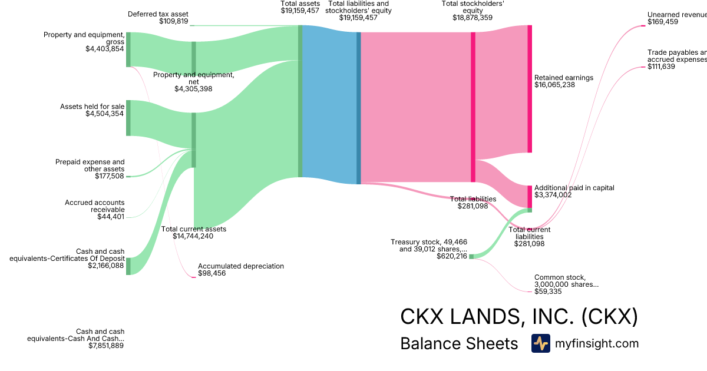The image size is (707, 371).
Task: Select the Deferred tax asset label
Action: (x=158, y=14)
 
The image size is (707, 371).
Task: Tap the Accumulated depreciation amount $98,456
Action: (x=212, y=274)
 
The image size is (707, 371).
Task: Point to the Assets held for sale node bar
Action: (x=128, y=118)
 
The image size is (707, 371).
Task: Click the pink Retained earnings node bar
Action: (x=530, y=89)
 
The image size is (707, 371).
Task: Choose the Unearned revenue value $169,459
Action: (x=662, y=22)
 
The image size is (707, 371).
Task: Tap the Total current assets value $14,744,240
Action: (x=193, y=236)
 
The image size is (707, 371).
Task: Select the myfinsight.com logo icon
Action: (x=540, y=343)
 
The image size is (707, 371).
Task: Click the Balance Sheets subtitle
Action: (x=458, y=344)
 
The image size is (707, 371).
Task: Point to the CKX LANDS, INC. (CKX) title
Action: (x=518, y=317)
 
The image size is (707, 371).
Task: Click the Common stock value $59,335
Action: (x=548, y=291)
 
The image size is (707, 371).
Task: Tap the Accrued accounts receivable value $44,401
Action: (x=111, y=217)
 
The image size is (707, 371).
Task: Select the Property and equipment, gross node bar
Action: (x=128, y=50)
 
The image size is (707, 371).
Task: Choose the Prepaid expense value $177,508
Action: (x=110, y=176)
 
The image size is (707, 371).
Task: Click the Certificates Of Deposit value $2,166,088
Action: (x=106, y=266)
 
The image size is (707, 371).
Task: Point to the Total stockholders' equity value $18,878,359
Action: (x=473, y=18)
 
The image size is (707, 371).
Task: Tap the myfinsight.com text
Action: (x=597, y=343)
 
